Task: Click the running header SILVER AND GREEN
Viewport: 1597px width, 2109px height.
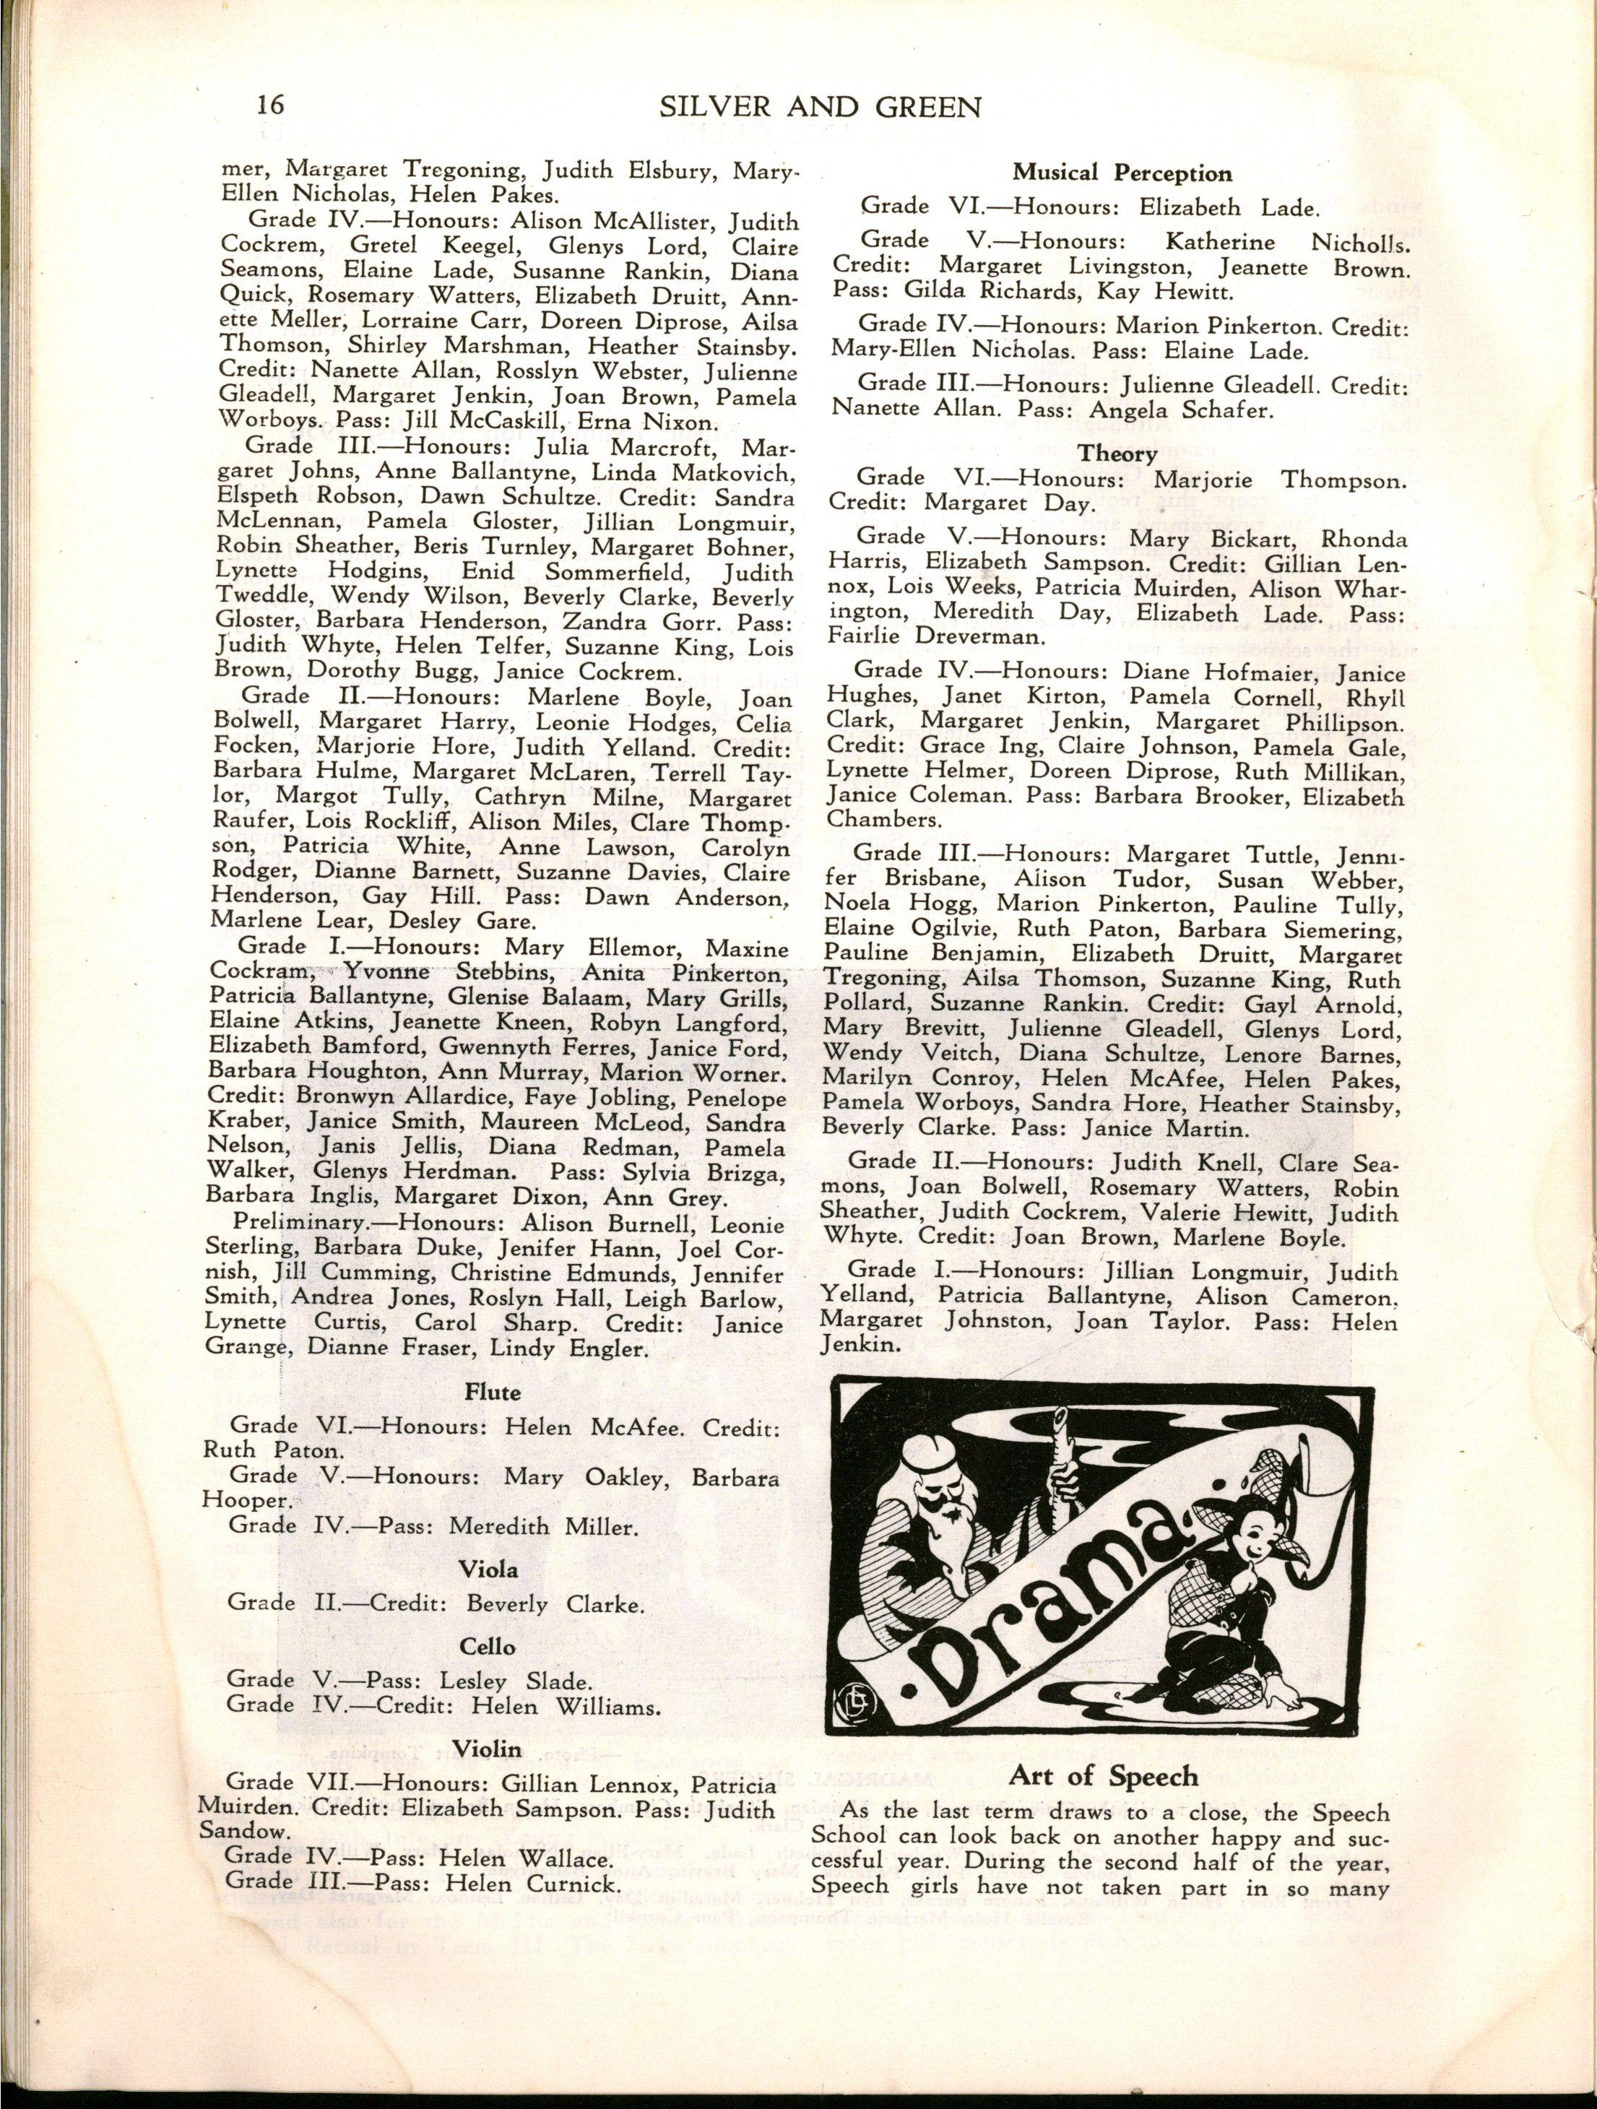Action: pyautogui.click(x=820, y=106)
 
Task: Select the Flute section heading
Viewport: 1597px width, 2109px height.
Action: pyautogui.click(x=492, y=1392)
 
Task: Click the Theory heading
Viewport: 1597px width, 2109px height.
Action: pyautogui.click(x=1117, y=453)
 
